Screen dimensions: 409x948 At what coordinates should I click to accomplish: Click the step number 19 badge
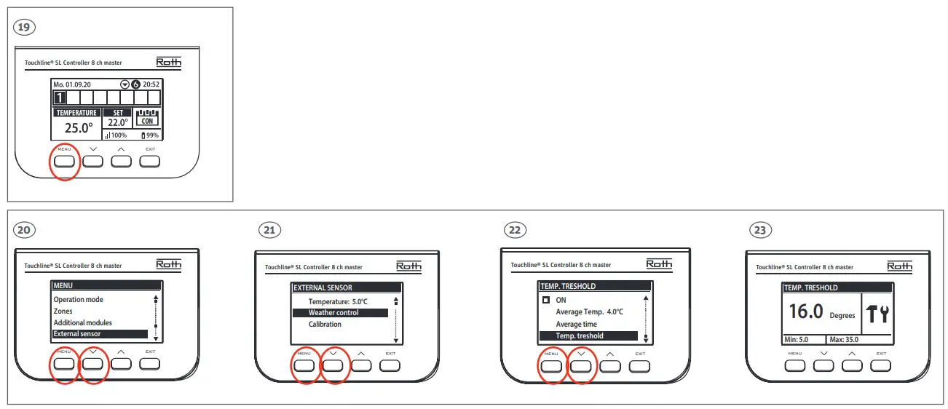25,28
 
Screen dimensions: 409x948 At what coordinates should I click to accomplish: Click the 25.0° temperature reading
78,128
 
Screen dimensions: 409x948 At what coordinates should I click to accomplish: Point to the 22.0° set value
118,123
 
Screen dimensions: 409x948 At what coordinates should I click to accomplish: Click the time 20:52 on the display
151,84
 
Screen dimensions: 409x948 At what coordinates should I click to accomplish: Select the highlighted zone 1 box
60,98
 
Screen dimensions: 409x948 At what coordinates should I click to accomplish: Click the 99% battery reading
150,135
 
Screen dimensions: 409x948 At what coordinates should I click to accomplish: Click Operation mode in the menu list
79,299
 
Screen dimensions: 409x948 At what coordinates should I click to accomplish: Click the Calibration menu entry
325,325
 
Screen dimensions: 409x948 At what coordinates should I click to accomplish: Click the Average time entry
576,324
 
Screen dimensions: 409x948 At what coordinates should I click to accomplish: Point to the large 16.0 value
806,311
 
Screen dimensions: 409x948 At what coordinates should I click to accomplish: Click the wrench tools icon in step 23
877,314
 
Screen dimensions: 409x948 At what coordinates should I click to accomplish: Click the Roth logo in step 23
899,266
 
